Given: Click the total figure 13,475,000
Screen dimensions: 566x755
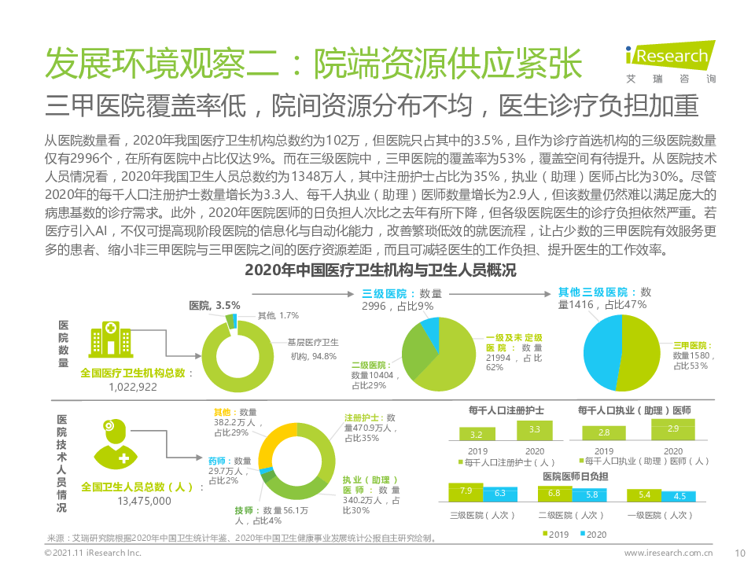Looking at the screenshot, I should click(x=144, y=500).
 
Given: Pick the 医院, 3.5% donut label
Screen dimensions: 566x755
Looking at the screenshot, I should click(x=215, y=305).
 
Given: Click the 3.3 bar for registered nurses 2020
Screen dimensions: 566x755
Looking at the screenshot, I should click(x=535, y=430).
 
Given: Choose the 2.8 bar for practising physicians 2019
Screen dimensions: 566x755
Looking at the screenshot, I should click(x=604, y=432).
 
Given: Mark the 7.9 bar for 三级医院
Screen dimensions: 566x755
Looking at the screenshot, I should click(x=466, y=492).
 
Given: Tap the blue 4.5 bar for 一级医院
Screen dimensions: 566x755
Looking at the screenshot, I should click(x=679, y=496).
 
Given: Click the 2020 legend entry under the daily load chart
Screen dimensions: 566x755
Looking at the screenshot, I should click(x=591, y=535).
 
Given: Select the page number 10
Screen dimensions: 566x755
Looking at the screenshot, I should click(x=739, y=553).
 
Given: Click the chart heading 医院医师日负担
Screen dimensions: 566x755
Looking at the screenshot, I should click(x=575, y=477).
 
